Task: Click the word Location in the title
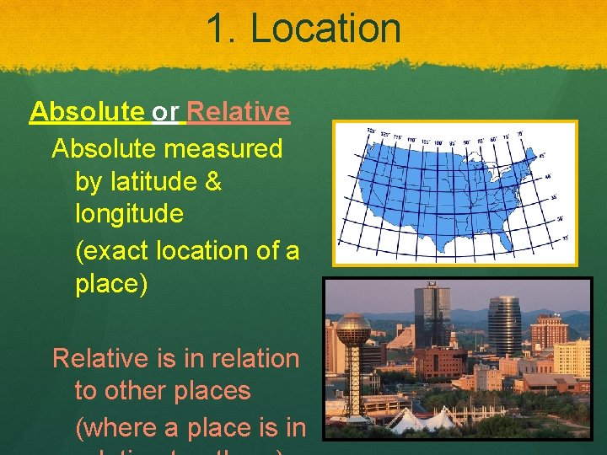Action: tap(325, 28)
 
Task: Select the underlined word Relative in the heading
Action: tap(239, 111)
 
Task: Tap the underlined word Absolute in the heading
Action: tap(87, 111)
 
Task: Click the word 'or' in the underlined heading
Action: tap(165, 111)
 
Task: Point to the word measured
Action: tap(224, 149)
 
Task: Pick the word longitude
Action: tap(129, 214)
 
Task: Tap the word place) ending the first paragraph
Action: tap(111, 284)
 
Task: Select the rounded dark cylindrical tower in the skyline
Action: tap(504, 324)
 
